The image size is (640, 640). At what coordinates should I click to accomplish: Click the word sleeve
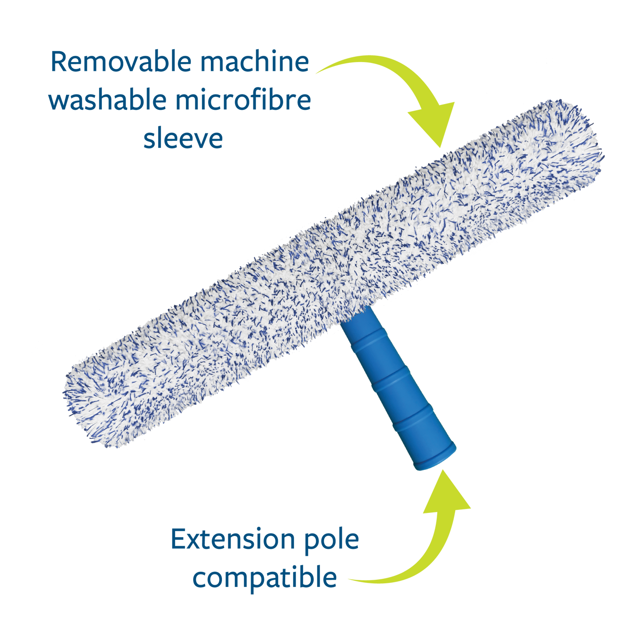point(183,139)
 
